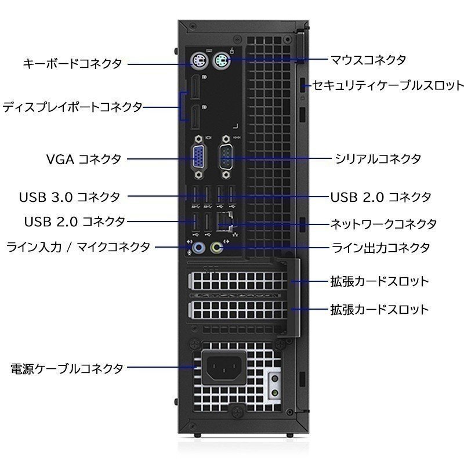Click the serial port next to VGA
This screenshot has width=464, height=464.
pyautogui.click(x=226, y=157)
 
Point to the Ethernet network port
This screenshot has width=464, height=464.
pyautogui.click(x=225, y=222)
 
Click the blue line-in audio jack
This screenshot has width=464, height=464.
pyautogui.click(x=199, y=248)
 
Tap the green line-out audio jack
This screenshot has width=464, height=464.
pyautogui.click(x=216, y=248)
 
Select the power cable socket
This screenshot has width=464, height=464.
pyautogui.click(x=224, y=368)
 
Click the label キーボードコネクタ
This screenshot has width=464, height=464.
pyautogui.click(x=72, y=64)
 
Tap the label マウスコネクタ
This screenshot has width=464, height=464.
pyautogui.click(x=368, y=60)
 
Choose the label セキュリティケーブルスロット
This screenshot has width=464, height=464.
pyautogui.click(x=388, y=85)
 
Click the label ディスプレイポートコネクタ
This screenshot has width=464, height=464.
pyautogui.click(x=72, y=107)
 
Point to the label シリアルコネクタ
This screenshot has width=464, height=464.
pyautogui.click(x=378, y=159)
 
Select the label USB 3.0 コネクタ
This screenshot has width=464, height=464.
pyautogui.click(x=70, y=197)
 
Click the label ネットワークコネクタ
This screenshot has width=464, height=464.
pyautogui.click(x=383, y=224)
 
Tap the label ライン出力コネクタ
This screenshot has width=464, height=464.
pyautogui.click(x=380, y=248)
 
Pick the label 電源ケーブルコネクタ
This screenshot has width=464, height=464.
pyautogui.click(x=67, y=368)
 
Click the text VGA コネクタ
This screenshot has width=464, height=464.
pyautogui.click(x=84, y=159)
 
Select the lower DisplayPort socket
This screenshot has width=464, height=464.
pyautogui.click(x=195, y=117)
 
